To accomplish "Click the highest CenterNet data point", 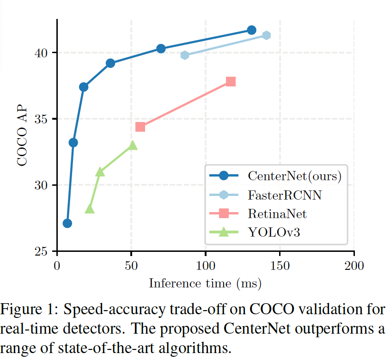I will pyautogui.click(x=251, y=30).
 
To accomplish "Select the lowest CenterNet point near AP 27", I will pyautogui.click(x=67, y=223).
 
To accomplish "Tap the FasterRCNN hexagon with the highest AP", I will pyautogui.click(x=266, y=36).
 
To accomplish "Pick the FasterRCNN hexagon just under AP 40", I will pyautogui.click(x=185, y=55).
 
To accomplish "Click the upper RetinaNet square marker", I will pyautogui.click(x=231, y=82).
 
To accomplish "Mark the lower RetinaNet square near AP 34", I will pyautogui.click(x=140, y=127).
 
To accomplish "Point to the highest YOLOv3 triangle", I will pyautogui.click(x=133, y=146).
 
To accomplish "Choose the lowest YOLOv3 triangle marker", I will pyautogui.click(x=90, y=209).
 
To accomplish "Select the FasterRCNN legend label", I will pyautogui.click(x=285, y=195).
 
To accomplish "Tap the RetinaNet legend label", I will pyautogui.click(x=277, y=214).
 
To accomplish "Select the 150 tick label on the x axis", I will pyautogui.click(x=280, y=266).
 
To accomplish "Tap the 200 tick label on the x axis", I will pyautogui.click(x=354, y=266).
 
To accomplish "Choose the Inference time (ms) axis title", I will pyautogui.click(x=205, y=283).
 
